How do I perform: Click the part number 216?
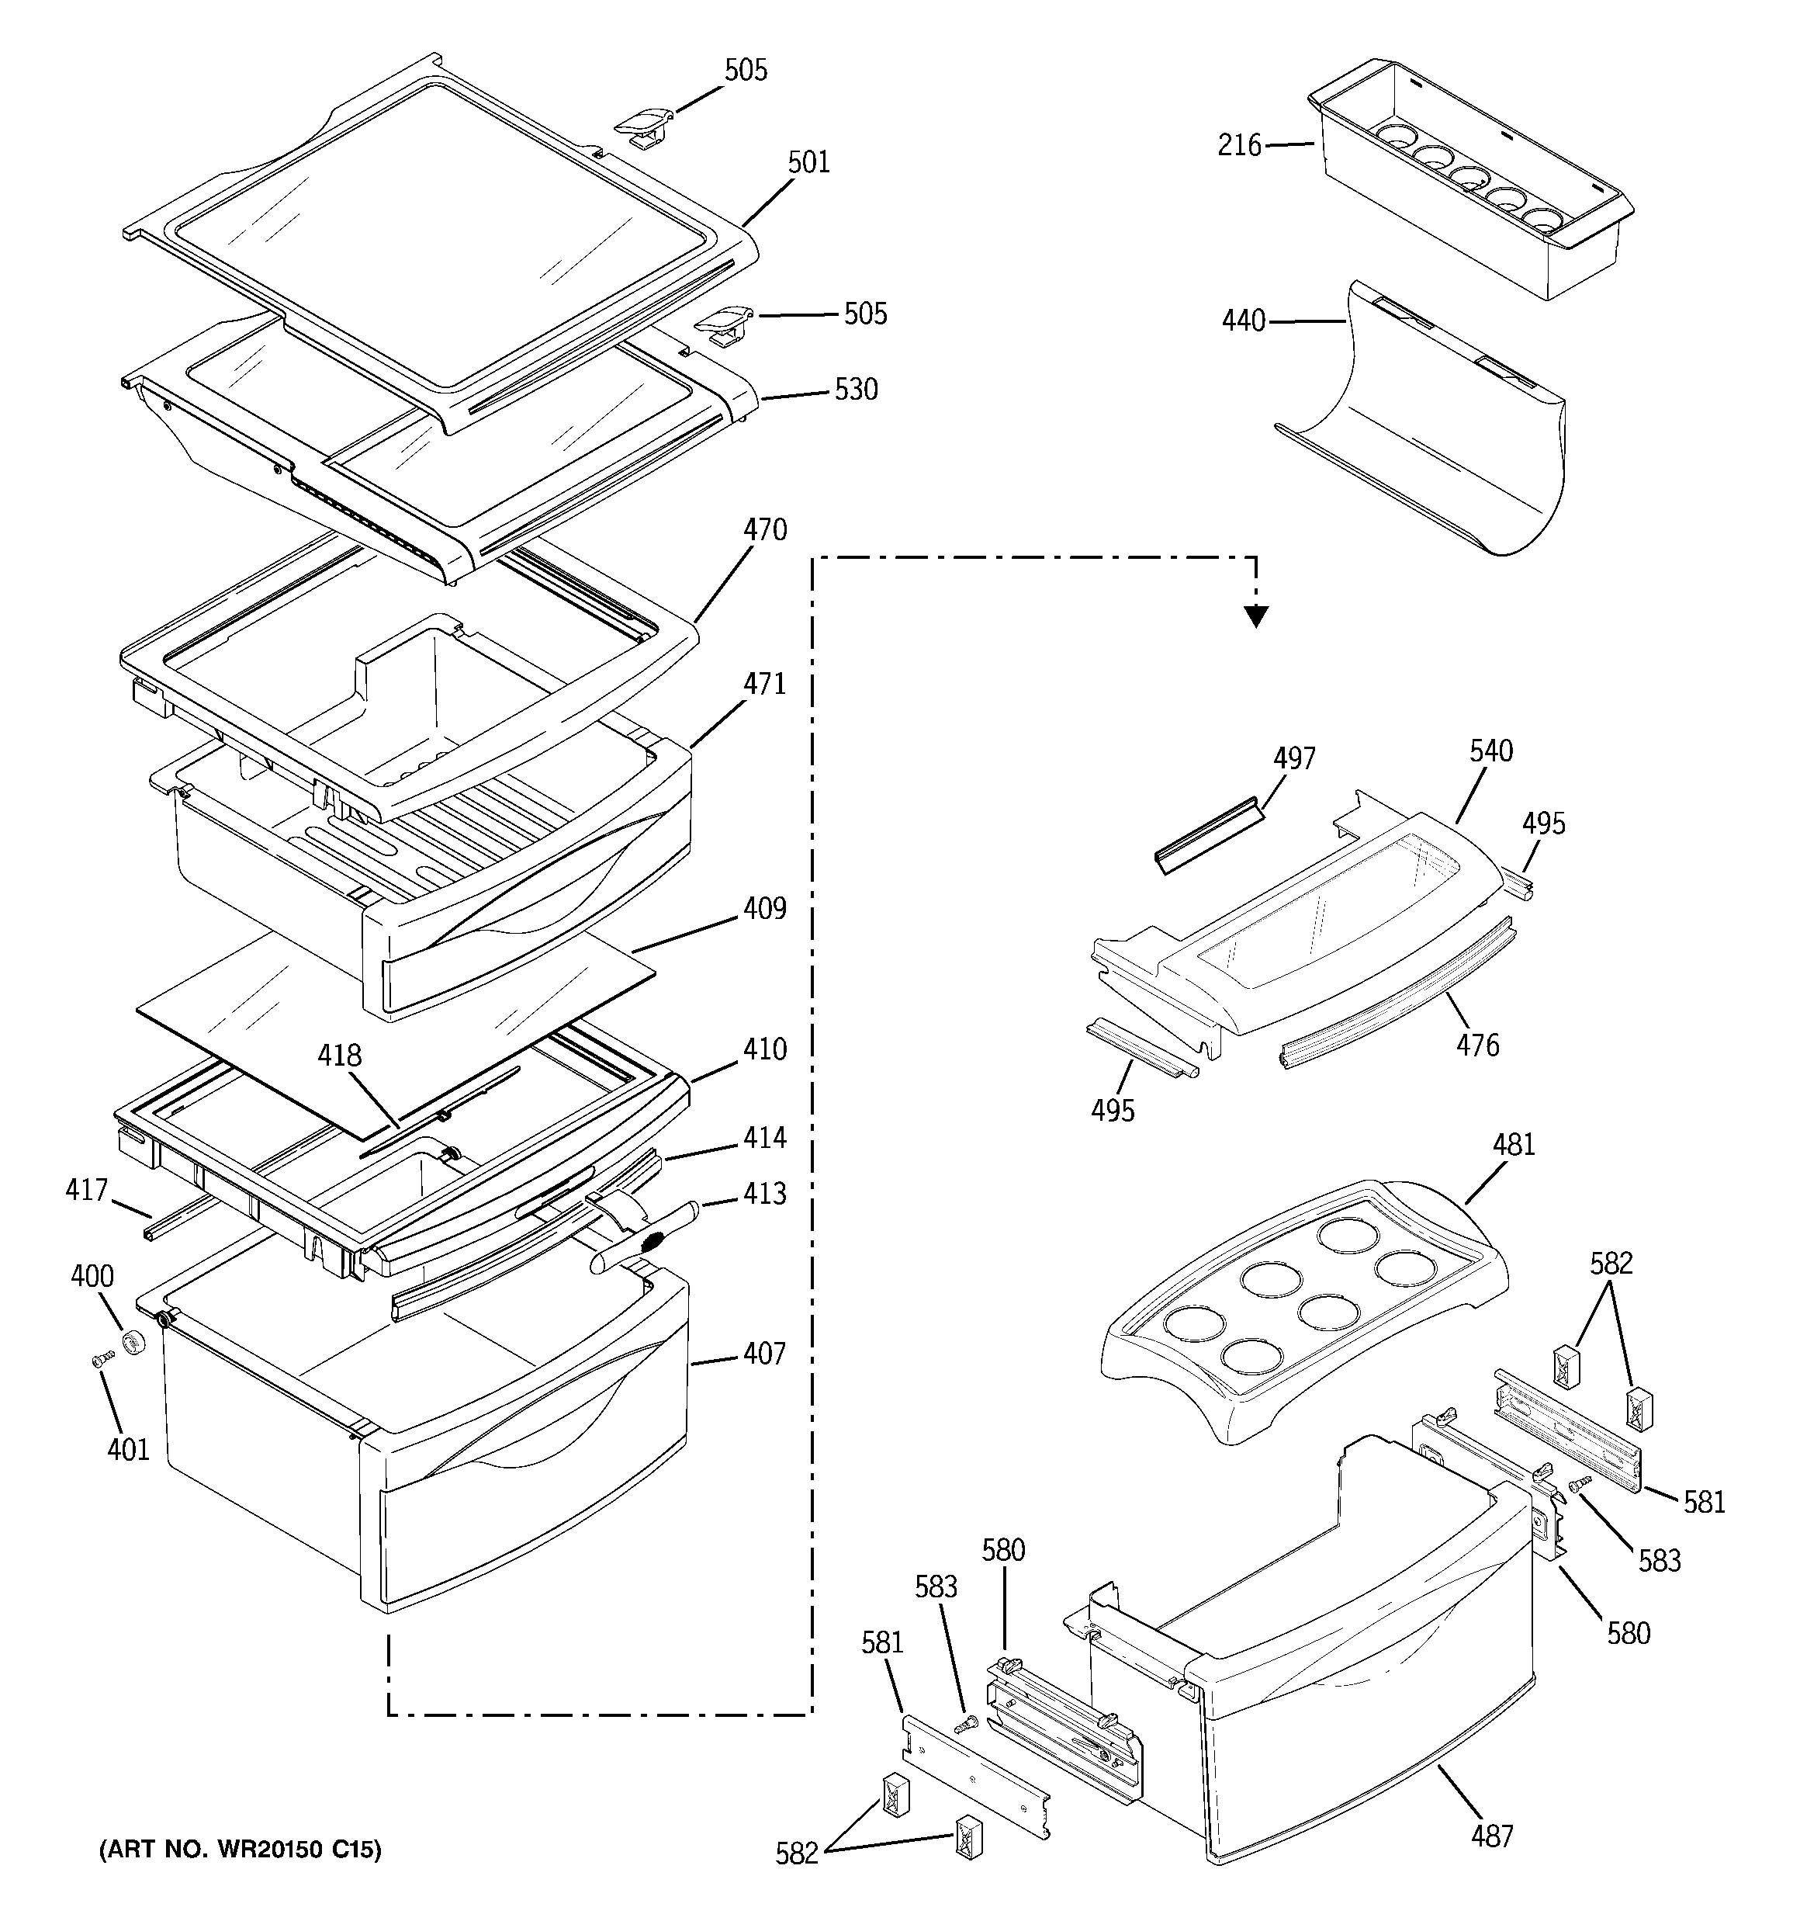coord(1240,146)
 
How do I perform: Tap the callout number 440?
coord(1244,321)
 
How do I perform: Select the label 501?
coord(808,162)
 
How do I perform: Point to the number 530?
coord(856,390)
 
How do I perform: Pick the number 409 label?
coord(764,908)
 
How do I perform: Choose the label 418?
coord(340,1056)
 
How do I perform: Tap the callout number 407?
coord(764,1354)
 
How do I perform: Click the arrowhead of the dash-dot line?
coord(1256,615)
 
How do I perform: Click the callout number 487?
coord(1492,1836)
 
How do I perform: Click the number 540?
coord(1491,751)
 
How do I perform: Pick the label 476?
coord(1477,1045)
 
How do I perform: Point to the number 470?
coord(765,530)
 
